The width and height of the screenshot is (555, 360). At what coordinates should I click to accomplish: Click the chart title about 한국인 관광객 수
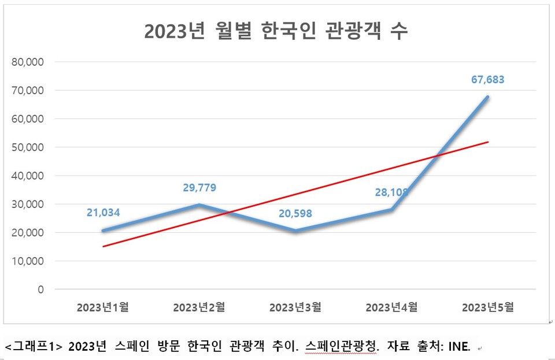tap(276, 31)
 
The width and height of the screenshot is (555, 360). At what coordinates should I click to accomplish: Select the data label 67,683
tap(487, 79)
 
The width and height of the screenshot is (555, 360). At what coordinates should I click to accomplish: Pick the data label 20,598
tap(294, 213)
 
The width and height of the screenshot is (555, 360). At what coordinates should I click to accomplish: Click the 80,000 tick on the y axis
tap(28, 62)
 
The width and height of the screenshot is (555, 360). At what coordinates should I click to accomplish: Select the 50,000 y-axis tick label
tap(28, 147)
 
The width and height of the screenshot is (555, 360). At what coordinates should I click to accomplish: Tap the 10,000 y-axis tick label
tap(28, 261)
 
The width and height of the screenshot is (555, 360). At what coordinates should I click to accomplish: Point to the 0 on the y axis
tap(40, 290)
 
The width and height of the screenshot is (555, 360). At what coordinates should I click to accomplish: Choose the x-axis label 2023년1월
tap(102, 307)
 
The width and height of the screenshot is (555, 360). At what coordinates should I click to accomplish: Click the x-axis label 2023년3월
tap(295, 307)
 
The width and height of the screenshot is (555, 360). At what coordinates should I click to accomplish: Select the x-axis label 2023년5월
tap(487, 307)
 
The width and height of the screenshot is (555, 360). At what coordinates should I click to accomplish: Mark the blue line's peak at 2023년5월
tap(488, 97)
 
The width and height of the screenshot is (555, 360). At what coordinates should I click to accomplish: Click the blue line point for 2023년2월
tap(199, 205)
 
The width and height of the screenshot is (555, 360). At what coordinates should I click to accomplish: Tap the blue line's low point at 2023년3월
tap(295, 231)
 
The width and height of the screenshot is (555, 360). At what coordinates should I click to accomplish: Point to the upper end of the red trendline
tap(489, 142)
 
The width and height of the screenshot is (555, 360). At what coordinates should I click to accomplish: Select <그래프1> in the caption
tap(33, 347)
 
